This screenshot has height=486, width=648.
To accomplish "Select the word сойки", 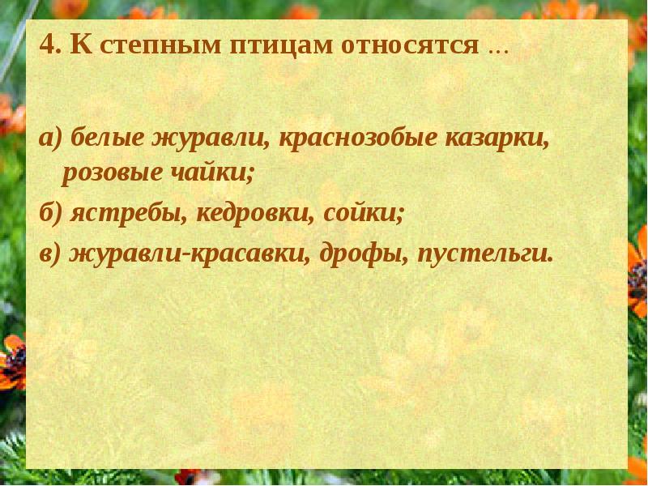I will pyautogui.click(x=363, y=214).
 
